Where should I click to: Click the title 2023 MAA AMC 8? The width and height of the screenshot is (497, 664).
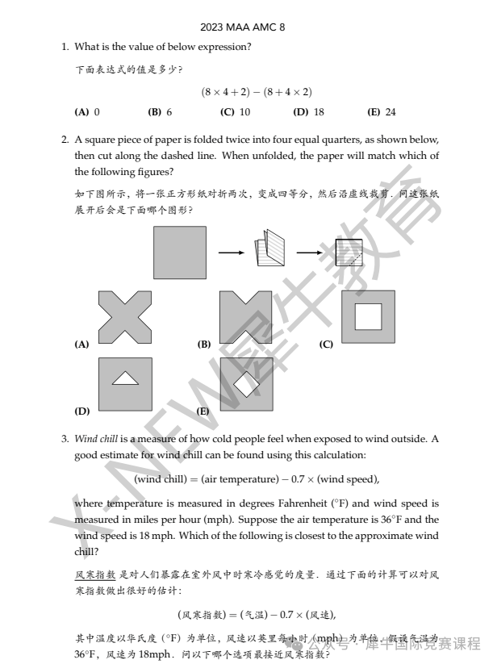243,27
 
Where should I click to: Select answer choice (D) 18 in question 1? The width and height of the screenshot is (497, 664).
309,112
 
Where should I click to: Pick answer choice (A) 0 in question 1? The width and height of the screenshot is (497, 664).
87,112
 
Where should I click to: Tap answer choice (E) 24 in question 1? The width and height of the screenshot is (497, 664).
382,112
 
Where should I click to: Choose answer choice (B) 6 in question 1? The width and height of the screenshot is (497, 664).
160,112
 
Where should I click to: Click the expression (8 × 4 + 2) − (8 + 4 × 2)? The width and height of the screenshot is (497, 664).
257,92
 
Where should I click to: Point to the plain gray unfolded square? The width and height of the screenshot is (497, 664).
180,253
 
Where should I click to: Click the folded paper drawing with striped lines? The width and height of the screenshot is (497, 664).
269,248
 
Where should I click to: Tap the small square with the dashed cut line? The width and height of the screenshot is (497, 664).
349,253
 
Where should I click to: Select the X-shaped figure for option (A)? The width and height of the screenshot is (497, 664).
125,317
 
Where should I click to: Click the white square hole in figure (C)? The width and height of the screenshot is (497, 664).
368,316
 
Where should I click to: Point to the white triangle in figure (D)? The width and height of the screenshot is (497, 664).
125,378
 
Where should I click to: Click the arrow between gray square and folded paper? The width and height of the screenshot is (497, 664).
232,253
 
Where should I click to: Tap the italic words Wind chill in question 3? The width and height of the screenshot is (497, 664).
96,439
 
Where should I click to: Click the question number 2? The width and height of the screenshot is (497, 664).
65,140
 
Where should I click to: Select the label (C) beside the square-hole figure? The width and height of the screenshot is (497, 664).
326,345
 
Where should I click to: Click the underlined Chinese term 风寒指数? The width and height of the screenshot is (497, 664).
95,574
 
